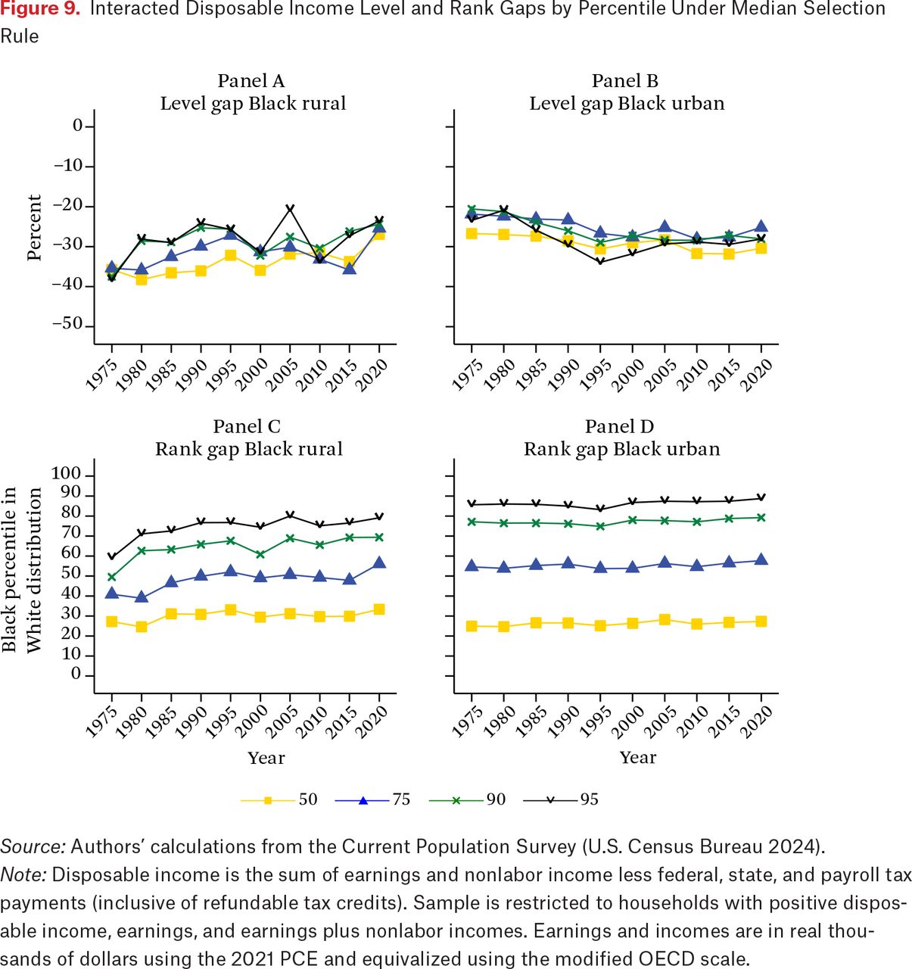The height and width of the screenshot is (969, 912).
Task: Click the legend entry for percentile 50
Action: (x=279, y=799)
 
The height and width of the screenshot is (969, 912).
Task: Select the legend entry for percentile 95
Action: (x=561, y=799)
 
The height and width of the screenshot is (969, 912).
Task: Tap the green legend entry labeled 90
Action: (x=467, y=799)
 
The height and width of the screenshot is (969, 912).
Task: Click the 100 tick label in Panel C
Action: (x=67, y=474)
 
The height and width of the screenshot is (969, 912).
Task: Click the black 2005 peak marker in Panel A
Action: (x=291, y=209)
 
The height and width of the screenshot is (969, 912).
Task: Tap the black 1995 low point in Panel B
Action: (x=600, y=261)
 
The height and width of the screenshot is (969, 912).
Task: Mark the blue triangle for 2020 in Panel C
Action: (x=379, y=562)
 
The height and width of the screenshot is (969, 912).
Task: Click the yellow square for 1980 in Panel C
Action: (x=142, y=627)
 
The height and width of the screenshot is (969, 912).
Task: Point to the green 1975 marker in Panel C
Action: (x=112, y=577)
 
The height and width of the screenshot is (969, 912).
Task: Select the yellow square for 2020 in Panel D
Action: (x=761, y=621)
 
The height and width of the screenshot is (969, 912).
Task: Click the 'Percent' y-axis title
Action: (x=33, y=227)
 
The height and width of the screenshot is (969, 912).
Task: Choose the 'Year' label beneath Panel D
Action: (x=638, y=757)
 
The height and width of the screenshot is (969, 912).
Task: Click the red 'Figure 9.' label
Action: (x=40, y=9)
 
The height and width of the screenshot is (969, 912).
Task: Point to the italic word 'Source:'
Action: (x=33, y=846)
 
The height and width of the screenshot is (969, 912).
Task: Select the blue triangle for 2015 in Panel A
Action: (x=350, y=268)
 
